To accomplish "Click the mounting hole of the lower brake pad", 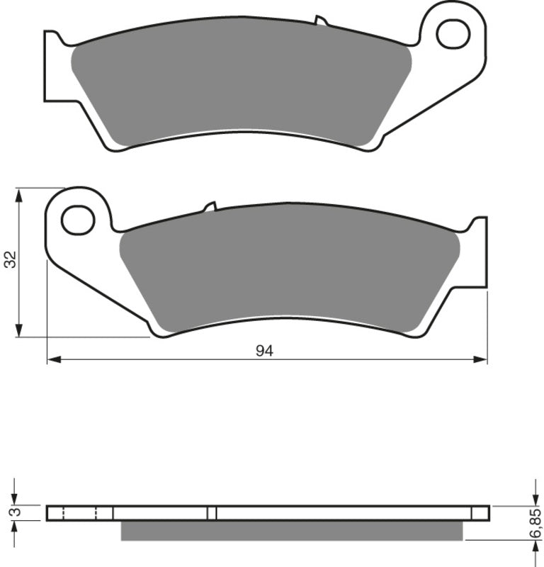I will point(78,220).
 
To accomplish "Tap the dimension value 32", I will point(11,260).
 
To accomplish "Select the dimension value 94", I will point(264,351).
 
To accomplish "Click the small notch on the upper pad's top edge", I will point(321,19).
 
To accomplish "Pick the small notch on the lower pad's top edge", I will point(210,207).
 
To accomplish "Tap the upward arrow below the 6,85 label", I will point(533,546).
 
